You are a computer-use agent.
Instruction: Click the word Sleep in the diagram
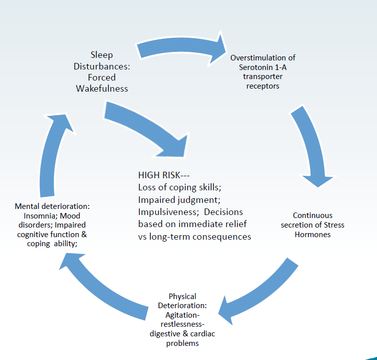pyautogui.click(x=102, y=55)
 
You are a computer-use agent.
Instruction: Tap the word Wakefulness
pyautogui.click(x=102, y=89)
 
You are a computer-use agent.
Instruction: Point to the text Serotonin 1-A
pyautogui.click(x=263, y=67)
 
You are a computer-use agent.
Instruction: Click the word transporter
pyautogui.click(x=263, y=77)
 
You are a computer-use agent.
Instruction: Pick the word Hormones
pyautogui.click(x=313, y=234)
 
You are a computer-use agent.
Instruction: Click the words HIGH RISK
pyautogui.click(x=159, y=175)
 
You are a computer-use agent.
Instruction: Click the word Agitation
pyautogui.click(x=182, y=315)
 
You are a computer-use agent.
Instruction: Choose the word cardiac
pyautogui.click(x=202, y=334)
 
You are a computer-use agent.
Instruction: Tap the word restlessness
pyautogui.click(x=182, y=324)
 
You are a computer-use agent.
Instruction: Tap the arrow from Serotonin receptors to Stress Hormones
pyautogui.click(x=313, y=145)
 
